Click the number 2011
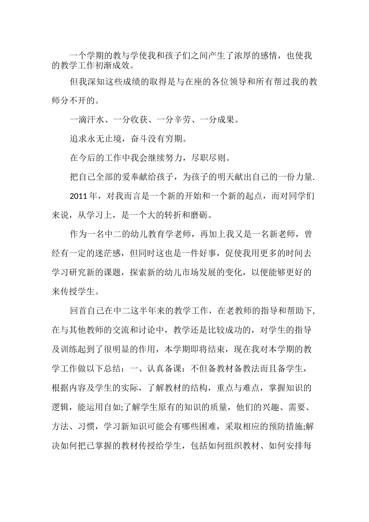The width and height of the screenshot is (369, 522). tap(79, 196)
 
